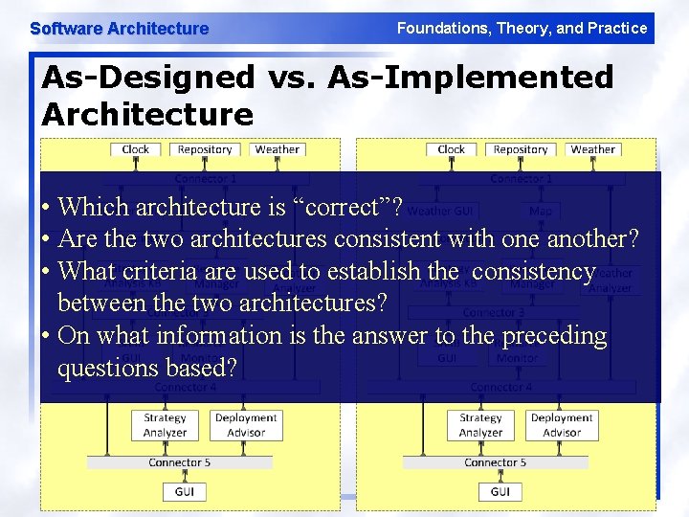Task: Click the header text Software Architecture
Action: tap(119, 29)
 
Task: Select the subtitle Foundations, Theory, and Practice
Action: tap(522, 29)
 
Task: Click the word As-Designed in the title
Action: tap(148, 77)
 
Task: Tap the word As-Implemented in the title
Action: tap(470, 77)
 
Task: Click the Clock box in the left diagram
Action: tap(136, 149)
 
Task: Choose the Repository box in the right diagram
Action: tap(521, 149)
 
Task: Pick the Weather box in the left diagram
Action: tap(278, 149)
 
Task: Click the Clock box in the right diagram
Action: tap(451, 149)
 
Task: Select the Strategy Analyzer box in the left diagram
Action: tap(165, 425)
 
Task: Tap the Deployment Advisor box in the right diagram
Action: tap(562, 425)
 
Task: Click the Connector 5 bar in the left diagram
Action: tap(179, 462)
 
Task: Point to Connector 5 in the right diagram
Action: tap(495, 462)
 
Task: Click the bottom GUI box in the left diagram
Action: tap(185, 491)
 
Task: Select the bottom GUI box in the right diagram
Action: tap(500, 491)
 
